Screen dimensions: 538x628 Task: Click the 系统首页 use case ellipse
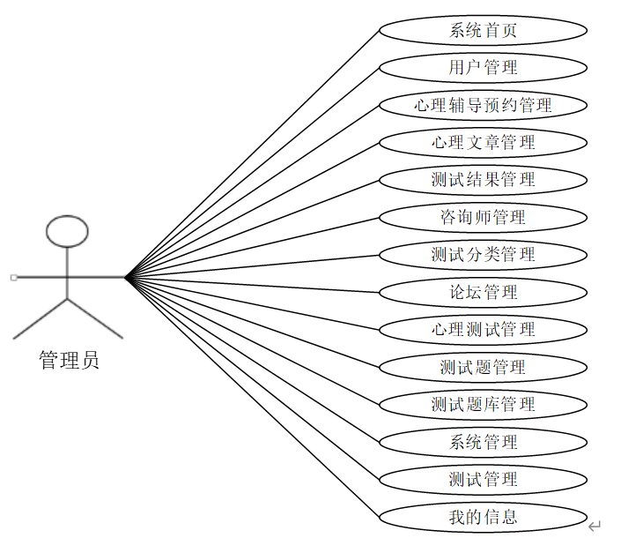pyautogui.click(x=483, y=30)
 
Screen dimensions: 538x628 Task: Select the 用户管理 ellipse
pyautogui.click(x=483, y=67)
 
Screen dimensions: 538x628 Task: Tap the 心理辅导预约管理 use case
pyautogui.click(x=483, y=105)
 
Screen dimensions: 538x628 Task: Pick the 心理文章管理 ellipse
pyautogui.click(x=483, y=142)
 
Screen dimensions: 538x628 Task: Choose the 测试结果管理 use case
pyautogui.click(x=483, y=180)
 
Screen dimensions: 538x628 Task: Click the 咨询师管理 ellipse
pyautogui.click(x=483, y=217)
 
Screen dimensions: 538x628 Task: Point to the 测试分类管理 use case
pyautogui.click(x=483, y=255)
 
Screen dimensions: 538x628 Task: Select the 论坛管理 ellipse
pyautogui.click(x=483, y=292)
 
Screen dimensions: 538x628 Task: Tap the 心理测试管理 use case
pyautogui.click(x=483, y=330)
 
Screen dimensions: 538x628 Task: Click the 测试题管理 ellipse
pyautogui.click(x=483, y=367)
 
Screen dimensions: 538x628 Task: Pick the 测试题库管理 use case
pyautogui.click(x=483, y=405)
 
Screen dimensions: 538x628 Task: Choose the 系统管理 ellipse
pyautogui.click(x=483, y=442)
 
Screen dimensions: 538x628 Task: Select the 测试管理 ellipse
pyautogui.click(x=483, y=480)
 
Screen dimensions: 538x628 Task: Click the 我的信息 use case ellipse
pyautogui.click(x=483, y=517)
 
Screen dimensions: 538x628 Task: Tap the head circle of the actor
pyautogui.click(x=67, y=231)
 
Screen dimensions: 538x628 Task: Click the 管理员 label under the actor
pyautogui.click(x=69, y=361)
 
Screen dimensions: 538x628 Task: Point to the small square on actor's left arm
pyautogui.click(x=13, y=278)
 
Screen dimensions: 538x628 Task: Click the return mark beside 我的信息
pyautogui.click(x=595, y=526)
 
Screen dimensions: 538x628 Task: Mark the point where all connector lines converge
pyautogui.click(x=126, y=278)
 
